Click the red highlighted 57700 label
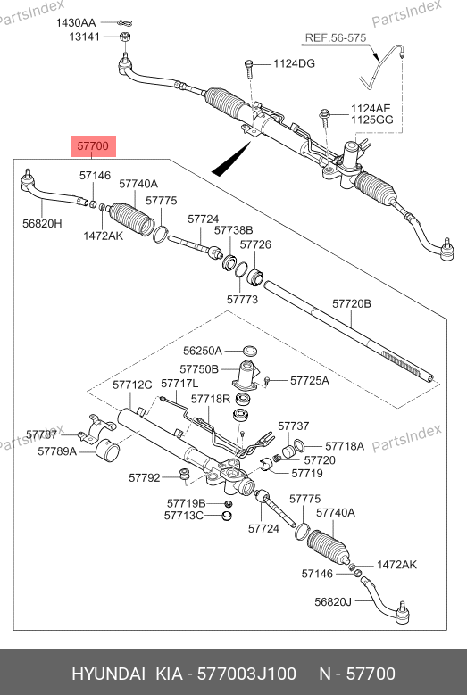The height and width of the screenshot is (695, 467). point(93,145)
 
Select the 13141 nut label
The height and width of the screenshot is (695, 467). point(84,37)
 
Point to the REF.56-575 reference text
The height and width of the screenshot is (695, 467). point(336,38)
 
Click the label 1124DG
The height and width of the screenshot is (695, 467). point(294,64)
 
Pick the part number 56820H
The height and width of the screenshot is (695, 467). point(42,223)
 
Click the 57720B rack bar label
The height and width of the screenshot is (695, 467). point(352,303)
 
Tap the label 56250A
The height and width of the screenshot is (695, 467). point(202,351)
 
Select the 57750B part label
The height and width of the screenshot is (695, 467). point(199,369)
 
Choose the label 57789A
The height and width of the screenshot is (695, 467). point(57,451)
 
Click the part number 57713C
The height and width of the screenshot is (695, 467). point(184,516)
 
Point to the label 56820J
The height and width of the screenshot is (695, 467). point(333,601)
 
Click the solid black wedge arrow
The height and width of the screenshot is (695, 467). point(231,158)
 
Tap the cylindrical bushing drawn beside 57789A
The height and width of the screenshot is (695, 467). point(108,451)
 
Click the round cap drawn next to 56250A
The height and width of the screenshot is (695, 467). point(251,350)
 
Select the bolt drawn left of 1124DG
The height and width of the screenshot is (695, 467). point(248,67)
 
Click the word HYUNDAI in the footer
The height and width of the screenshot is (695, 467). point(108,674)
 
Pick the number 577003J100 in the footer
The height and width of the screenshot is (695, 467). point(246,674)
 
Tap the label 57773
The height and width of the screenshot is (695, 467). point(242,300)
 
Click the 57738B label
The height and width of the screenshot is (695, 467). point(234,230)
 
